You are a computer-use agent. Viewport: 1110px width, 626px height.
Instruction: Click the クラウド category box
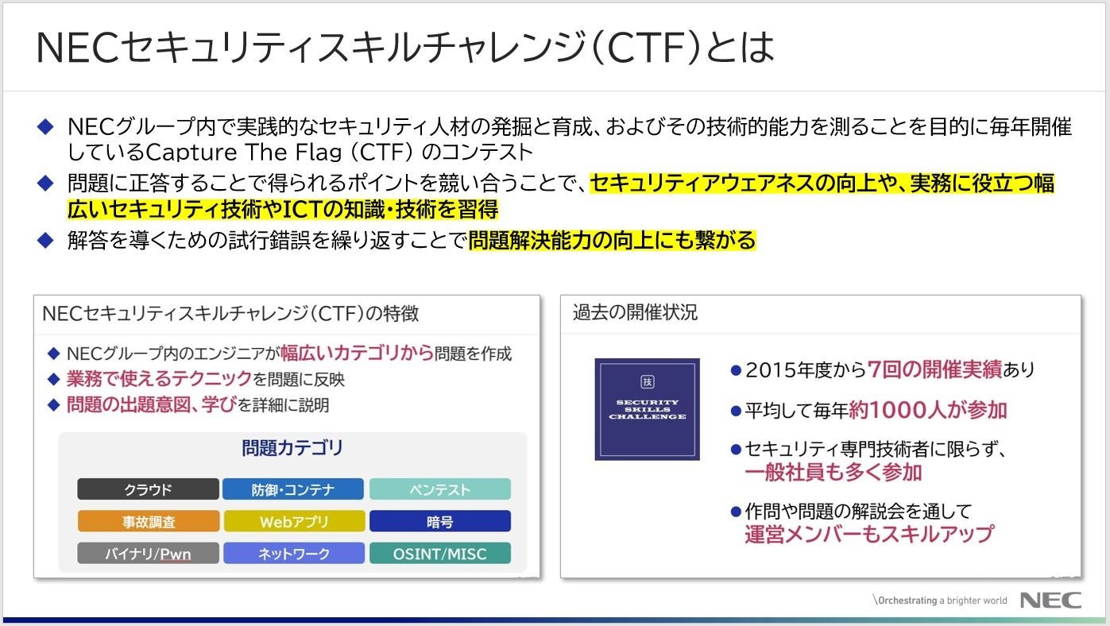coord(148,489)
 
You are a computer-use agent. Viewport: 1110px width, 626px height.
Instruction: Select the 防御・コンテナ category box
coord(293,489)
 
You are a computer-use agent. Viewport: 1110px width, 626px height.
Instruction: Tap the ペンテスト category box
coord(439,489)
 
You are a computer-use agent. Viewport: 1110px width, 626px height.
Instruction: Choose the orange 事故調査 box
coord(148,522)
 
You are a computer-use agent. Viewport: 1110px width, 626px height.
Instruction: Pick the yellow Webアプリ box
coord(293,522)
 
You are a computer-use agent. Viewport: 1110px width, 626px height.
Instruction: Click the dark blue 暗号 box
coord(439,522)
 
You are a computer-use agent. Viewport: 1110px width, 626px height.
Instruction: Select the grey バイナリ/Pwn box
coord(148,554)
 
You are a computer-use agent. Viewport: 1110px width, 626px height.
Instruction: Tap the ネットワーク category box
coord(293,554)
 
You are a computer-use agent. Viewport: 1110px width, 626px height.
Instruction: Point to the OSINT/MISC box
coord(439,554)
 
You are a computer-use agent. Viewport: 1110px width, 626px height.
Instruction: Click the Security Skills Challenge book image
coord(647,409)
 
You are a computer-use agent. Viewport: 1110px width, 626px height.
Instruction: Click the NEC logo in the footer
coord(1050,600)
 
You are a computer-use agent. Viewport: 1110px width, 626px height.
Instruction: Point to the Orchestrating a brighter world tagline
coord(940,601)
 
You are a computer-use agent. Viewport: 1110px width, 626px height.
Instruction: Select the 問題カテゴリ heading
coord(292,448)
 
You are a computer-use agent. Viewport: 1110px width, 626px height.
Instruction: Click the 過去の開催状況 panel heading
coord(635,313)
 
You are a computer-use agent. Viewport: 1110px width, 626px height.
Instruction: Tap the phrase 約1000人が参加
coord(927,410)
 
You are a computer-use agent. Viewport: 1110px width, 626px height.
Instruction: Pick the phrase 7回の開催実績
coord(934,369)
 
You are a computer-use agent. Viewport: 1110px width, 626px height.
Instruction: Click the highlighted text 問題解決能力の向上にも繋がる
coord(612,241)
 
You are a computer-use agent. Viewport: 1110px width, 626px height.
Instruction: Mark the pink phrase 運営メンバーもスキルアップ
coord(868,534)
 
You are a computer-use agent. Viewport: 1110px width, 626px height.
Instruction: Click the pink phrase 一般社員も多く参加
coord(833,473)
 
